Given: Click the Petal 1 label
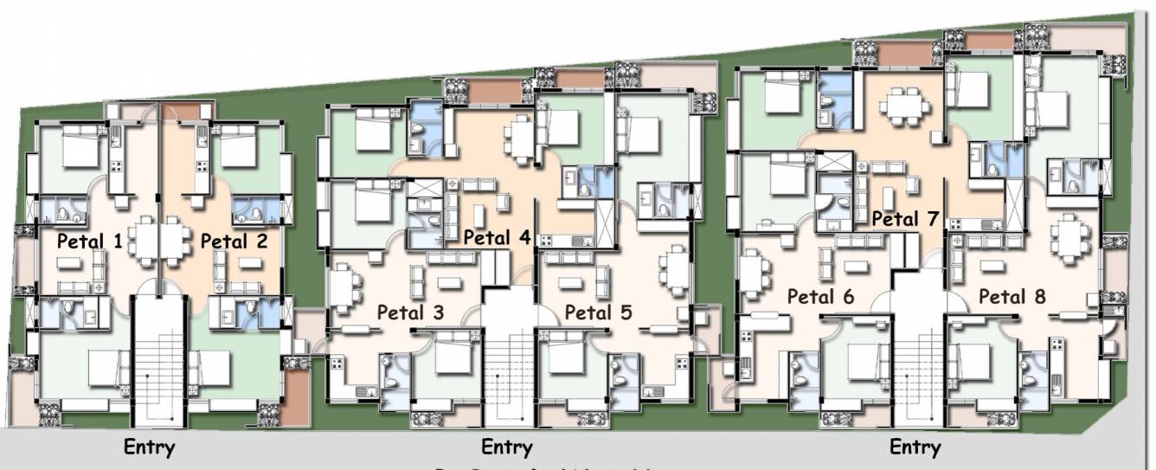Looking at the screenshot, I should coord(90,241).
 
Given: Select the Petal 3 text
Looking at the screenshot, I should coord(410,312).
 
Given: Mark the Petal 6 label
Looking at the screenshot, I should coord(820,297).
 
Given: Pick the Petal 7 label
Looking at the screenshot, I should coord(905,219).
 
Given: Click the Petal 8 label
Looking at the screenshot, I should coord(1011,297).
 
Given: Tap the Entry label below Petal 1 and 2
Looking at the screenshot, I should coord(150,447).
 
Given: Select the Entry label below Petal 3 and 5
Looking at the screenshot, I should coord(507,447).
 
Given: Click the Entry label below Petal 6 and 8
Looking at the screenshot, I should coord(915,447).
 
